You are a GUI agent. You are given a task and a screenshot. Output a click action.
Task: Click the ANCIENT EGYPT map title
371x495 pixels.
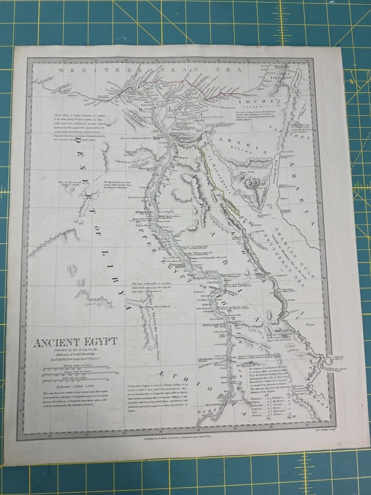[x=75, y=342]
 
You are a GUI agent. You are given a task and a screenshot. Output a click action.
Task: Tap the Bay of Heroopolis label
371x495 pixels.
[x=214, y=160]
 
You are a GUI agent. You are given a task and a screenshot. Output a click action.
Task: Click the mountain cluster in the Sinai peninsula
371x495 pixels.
[x=251, y=184]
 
